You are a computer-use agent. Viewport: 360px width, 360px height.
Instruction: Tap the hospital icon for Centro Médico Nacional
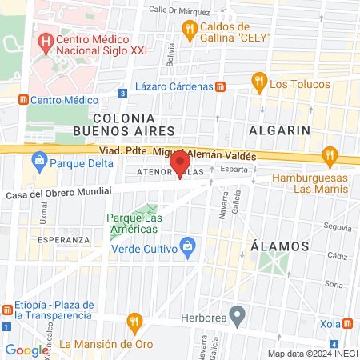click(47, 38)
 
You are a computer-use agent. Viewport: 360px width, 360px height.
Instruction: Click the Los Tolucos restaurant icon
click(258, 80)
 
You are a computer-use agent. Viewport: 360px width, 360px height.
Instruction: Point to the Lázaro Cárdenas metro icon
click(221, 86)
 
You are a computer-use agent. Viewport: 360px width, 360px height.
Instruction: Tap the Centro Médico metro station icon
click(23, 100)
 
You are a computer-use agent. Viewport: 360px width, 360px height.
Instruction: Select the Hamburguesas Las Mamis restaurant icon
click(329, 154)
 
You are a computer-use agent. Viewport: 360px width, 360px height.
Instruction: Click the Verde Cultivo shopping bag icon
click(187, 244)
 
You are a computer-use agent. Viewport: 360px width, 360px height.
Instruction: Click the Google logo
click(27, 350)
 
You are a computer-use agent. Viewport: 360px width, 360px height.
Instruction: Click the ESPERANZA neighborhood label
click(63, 239)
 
